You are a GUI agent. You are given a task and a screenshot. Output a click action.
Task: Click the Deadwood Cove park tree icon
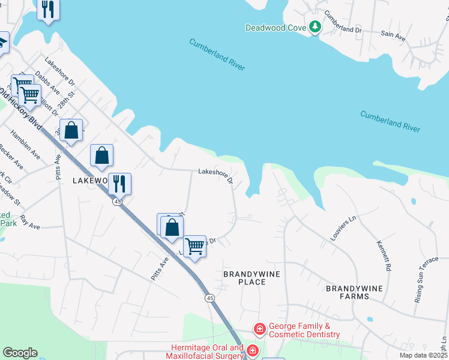pyautogui.click(x=315, y=27)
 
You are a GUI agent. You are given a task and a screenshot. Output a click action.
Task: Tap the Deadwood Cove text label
pyautogui.click(x=276, y=28)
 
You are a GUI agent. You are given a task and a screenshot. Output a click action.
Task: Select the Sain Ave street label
pyautogui.click(x=393, y=36)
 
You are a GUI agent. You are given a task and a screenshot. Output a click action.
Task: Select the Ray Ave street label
pyautogui.click(x=29, y=223)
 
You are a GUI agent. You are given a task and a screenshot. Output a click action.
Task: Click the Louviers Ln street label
pyautogui.click(x=343, y=229)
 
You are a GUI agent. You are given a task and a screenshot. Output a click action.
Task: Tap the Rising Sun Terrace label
pyautogui.click(x=426, y=280)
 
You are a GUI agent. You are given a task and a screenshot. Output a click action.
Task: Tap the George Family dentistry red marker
pyautogui.click(x=259, y=329)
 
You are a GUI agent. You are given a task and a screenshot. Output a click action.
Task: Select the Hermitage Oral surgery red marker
pyautogui.click(x=253, y=350)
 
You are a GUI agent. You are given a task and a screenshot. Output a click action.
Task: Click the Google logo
pyautogui.click(x=20, y=353)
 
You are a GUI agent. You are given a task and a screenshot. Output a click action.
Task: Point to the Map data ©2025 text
pyautogui.click(x=423, y=355)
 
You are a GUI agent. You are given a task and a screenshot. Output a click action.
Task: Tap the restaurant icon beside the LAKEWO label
pyautogui.click(x=119, y=183)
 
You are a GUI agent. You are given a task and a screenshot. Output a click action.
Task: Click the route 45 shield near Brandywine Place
pyautogui.click(x=209, y=298)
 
